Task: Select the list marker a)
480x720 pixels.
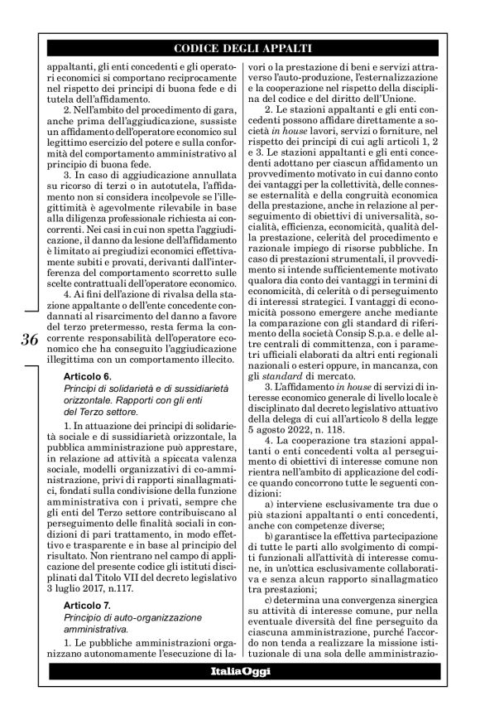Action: pos(269,504)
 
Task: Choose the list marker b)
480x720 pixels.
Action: pos(269,536)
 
